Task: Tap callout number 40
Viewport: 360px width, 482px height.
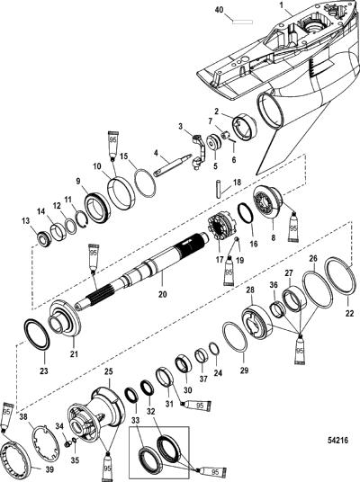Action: pos(219,10)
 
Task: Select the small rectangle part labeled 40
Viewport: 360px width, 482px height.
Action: pos(242,22)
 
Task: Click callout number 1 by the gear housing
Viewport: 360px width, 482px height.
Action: pos(281,4)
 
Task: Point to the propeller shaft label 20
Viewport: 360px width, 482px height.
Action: pos(163,294)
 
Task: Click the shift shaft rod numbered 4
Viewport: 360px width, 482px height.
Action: pos(172,166)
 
